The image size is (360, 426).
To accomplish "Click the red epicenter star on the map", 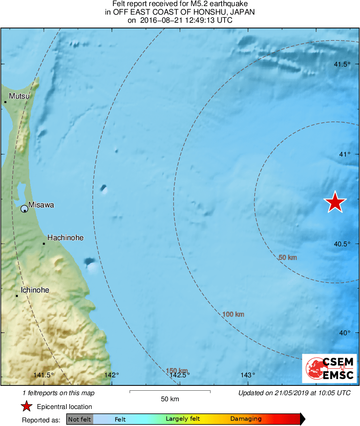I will pos(335,202).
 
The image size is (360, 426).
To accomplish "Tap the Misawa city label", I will pos(41,205).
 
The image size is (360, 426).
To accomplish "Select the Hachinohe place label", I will pos(65,238).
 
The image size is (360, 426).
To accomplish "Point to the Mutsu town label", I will pos(19,96).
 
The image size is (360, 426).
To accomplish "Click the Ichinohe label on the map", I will pos(35,290).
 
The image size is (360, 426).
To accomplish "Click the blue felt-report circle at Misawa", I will pos(24,209).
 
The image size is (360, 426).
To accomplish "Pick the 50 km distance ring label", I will pos(288,258).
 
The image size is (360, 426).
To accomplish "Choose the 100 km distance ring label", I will pos(233,314).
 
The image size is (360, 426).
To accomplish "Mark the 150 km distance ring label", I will pos(177,370).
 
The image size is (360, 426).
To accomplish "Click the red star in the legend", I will pos(27,407).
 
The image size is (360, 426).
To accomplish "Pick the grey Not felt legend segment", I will pos(79,419).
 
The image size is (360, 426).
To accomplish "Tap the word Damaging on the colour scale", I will pos(246,419).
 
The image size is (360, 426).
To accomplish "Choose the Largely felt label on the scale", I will pos(183,419).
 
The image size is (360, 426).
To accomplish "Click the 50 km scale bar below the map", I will pos(170,392).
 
